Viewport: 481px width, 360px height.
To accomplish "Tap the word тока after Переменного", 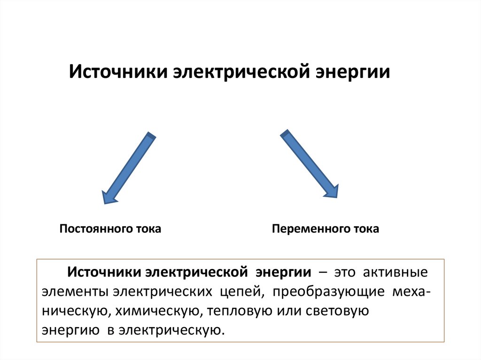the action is pos(366,229).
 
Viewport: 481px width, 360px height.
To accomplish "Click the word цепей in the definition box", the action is pos(240,292).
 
